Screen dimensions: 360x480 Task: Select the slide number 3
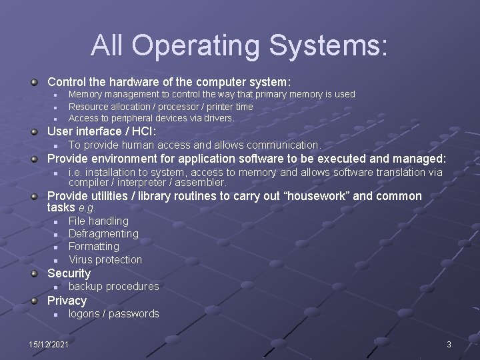click(449, 344)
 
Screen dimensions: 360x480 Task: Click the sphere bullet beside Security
click(34, 273)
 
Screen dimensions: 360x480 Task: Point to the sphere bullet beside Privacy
click(34, 301)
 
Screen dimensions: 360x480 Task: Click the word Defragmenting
click(103, 233)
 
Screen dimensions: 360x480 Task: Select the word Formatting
click(94, 246)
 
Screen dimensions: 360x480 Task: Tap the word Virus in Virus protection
click(81, 259)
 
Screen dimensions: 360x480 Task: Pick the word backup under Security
click(85, 286)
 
